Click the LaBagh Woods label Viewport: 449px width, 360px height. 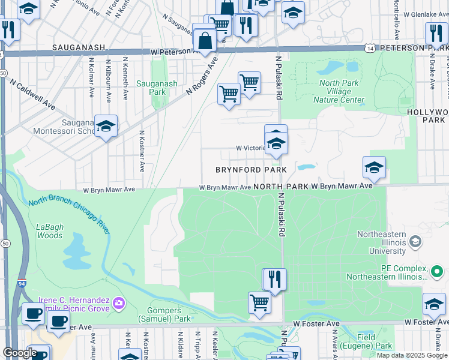pos(49,231)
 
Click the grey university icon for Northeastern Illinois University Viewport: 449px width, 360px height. pos(414,242)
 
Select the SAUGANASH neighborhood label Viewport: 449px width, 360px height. pos(79,47)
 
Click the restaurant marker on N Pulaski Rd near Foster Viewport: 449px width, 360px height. pos(275,279)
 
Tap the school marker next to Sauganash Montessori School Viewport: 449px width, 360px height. pos(106,126)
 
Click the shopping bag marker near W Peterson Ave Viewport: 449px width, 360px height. pos(205,41)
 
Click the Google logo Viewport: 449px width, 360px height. pos(20,353)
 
